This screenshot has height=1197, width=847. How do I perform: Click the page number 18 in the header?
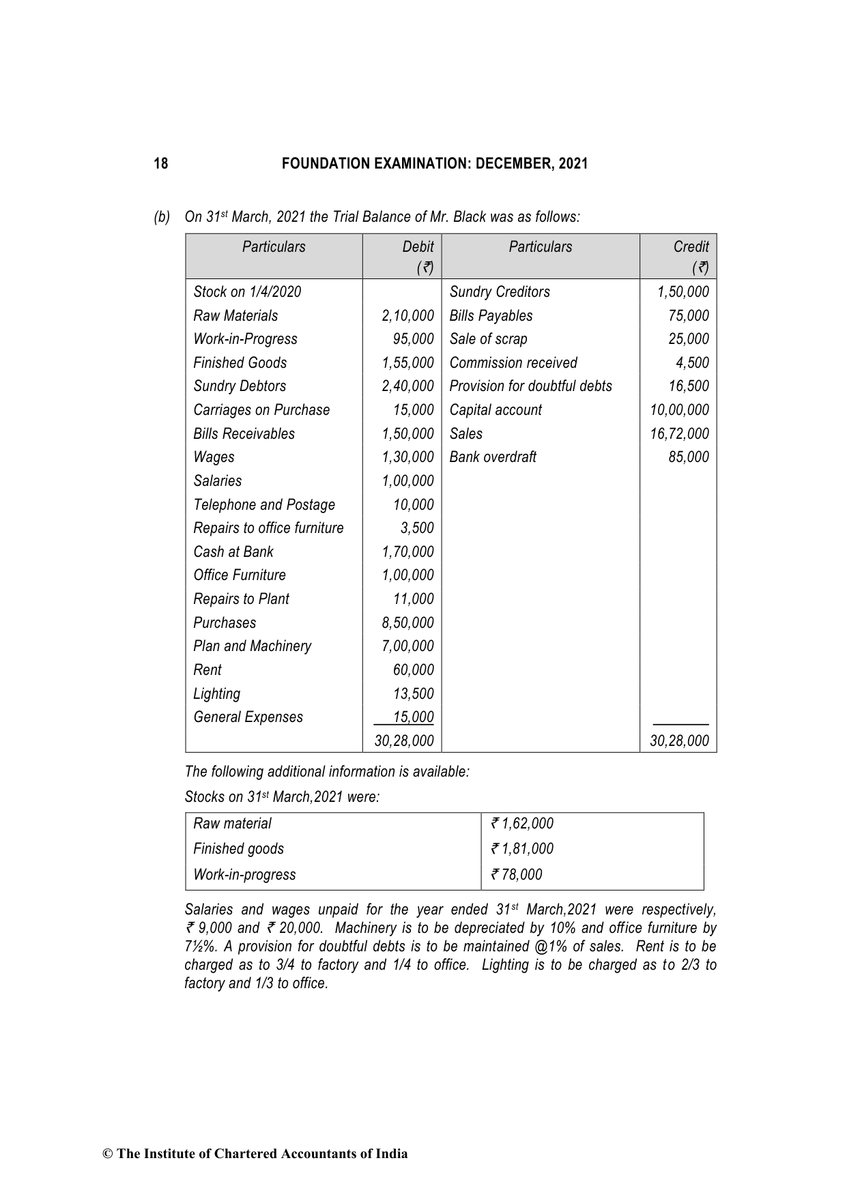tap(160, 164)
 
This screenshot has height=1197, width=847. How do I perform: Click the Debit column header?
tap(418, 247)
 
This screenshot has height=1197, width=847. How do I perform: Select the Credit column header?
tap(691, 247)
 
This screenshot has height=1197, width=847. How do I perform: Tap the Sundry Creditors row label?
tap(499, 292)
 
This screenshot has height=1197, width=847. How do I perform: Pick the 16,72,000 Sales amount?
tap(679, 434)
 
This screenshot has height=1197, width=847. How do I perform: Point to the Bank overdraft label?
tap(493, 457)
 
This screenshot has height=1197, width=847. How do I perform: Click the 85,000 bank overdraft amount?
tap(689, 457)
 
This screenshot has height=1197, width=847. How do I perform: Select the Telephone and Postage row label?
tap(264, 505)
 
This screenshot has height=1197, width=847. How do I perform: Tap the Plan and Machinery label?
tap(252, 646)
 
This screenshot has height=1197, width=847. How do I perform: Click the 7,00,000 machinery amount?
tap(407, 646)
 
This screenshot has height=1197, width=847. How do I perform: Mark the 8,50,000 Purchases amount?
tap(407, 623)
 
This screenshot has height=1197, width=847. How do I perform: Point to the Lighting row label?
tap(216, 694)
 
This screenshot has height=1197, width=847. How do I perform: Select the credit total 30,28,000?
tap(679, 741)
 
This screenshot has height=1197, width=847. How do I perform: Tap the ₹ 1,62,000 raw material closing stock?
tap(522, 824)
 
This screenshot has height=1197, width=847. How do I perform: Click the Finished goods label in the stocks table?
tap(238, 849)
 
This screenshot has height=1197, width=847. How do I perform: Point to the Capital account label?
tap(496, 410)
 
